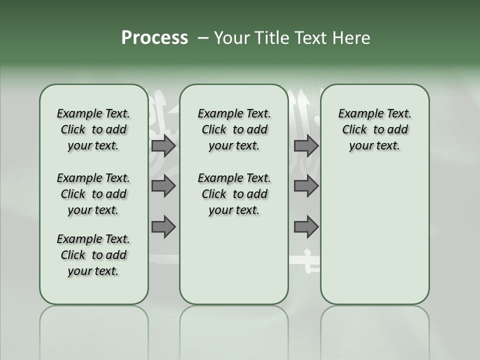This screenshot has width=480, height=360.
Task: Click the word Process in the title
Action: tap(154, 38)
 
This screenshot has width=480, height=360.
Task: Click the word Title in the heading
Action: tap(269, 38)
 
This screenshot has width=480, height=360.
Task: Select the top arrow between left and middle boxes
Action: tap(163, 145)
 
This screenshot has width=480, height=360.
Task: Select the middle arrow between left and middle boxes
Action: tap(163, 186)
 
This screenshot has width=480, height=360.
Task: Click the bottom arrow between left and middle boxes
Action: tap(163, 227)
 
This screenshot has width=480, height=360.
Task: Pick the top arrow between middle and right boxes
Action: tap(306, 145)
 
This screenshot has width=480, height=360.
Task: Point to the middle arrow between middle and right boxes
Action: tap(306, 186)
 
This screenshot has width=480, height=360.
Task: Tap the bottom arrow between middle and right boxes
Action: tap(306, 227)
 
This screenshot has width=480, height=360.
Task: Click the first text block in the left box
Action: tap(93, 129)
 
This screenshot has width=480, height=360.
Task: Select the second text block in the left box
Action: tap(93, 194)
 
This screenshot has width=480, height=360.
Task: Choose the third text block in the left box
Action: tap(93, 255)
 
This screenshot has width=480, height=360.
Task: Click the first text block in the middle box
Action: tap(234, 129)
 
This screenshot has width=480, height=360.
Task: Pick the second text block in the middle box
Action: tap(234, 194)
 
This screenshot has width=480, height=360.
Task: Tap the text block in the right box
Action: tap(374, 129)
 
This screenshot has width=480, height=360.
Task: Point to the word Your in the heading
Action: tap(230, 38)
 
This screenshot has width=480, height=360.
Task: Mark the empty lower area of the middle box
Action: tap(234, 260)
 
